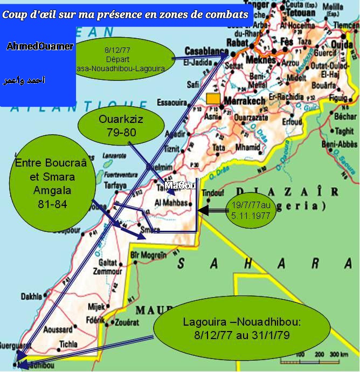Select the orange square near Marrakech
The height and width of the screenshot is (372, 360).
pyautogui.click(x=213, y=99)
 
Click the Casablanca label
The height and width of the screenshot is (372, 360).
pyautogui.click(x=205, y=50)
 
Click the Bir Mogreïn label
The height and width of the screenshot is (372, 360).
pyautogui.click(x=147, y=254)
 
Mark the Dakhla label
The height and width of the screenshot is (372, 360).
pyautogui.click(x=31, y=296)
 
